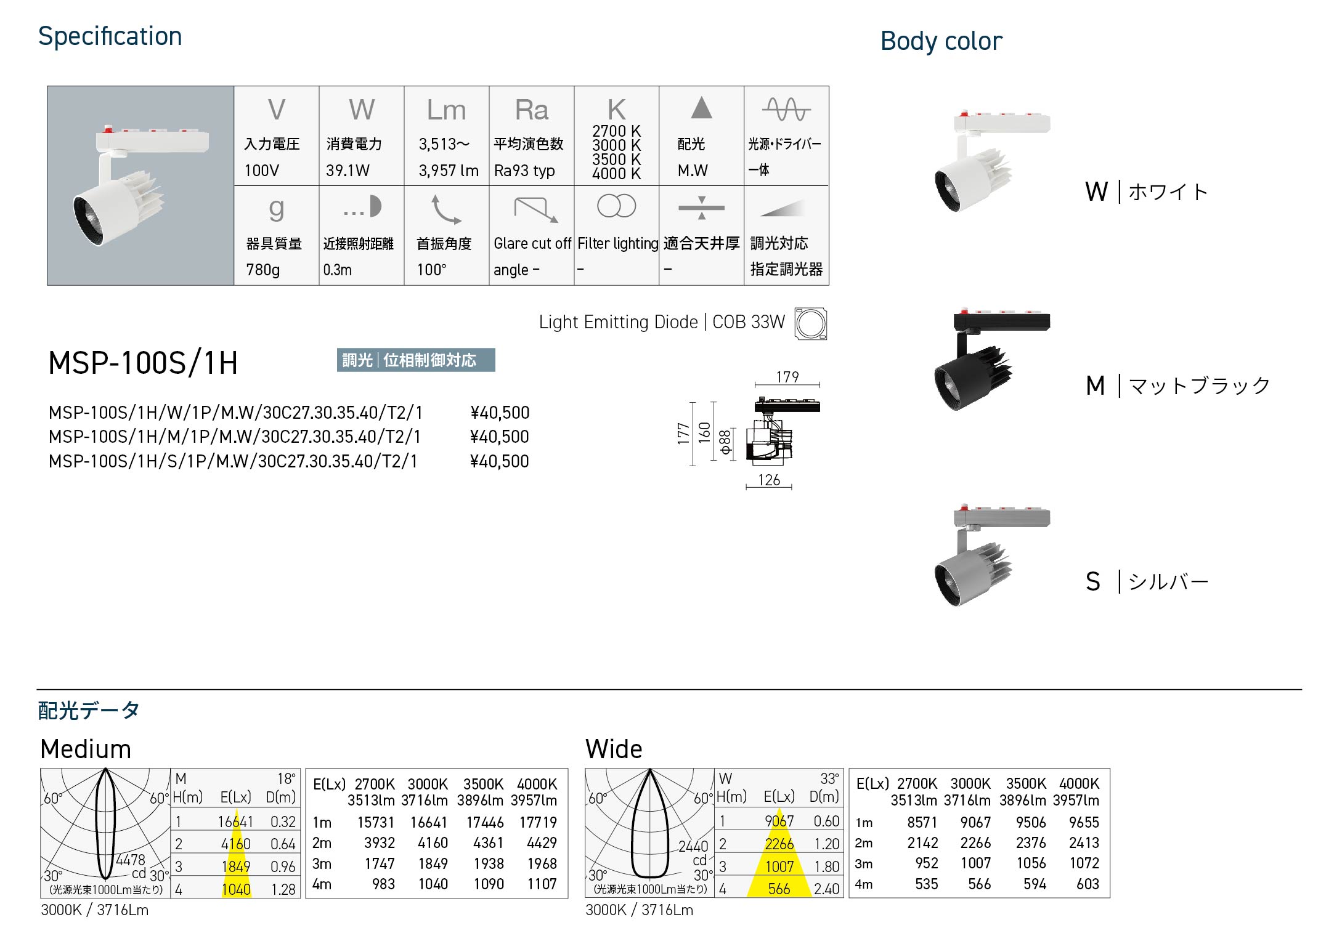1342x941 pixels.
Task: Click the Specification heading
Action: [110, 37]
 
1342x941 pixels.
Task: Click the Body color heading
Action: [941, 41]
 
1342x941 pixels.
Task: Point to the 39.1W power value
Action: [348, 171]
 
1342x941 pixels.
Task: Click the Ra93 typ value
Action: [524, 171]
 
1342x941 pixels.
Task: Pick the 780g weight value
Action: [263, 270]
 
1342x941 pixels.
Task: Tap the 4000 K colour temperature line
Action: [616, 174]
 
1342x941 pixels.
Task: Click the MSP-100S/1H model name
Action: [143, 363]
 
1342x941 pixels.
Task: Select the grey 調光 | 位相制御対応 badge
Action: [416, 360]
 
